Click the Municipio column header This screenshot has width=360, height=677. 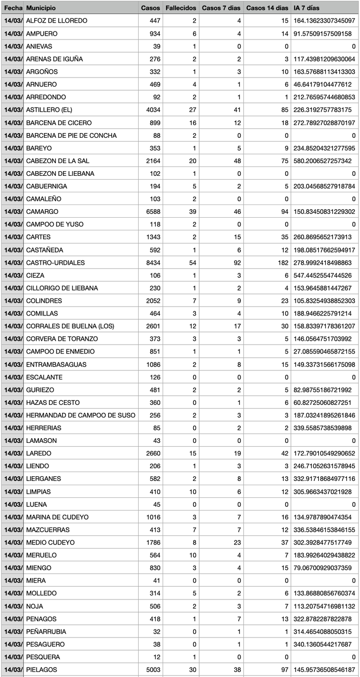[x=41, y=8]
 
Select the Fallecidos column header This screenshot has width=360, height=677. [x=180, y=8]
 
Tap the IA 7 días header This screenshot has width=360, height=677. [x=306, y=8]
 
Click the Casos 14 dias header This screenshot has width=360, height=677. [x=267, y=8]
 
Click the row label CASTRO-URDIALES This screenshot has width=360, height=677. [x=55, y=262]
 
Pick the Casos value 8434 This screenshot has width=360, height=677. [x=152, y=262]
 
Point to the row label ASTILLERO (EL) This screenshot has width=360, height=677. [x=50, y=110]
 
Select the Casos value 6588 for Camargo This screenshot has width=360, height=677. [x=152, y=212]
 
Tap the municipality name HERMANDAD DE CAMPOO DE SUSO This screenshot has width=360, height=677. [x=80, y=415]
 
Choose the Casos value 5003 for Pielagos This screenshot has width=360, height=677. [x=152, y=669]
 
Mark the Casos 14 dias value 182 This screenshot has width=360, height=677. [x=282, y=262]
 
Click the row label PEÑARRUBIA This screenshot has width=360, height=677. [x=46, y=631]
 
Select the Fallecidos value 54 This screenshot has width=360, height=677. [x=193, y=262]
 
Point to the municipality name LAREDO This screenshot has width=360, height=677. [x=39, y=453]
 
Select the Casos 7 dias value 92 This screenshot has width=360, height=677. [x=237, y=262]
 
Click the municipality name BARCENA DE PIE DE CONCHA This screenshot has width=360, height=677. [x=71, y=135]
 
